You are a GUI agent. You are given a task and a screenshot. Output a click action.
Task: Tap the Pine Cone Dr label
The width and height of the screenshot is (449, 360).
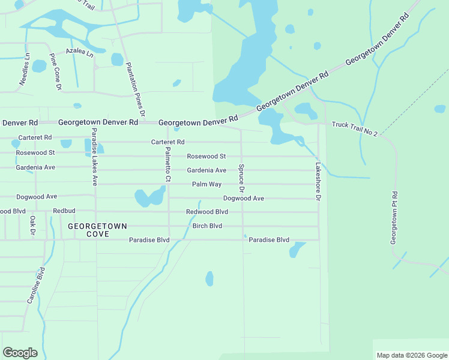[x=55, y=71]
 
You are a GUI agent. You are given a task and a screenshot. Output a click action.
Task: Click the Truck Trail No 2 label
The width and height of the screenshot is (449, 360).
[x=354, y=128]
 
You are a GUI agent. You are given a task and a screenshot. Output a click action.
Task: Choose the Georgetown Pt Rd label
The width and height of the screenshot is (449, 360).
[x=394, y=217]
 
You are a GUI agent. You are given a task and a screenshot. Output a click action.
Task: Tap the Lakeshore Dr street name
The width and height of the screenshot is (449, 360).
[x=319, y=181]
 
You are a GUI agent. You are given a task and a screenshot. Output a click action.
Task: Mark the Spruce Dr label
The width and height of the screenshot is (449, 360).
[x=241, y=178]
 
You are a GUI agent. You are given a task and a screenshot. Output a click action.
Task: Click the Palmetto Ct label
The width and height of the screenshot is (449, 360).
[x=168, y=164]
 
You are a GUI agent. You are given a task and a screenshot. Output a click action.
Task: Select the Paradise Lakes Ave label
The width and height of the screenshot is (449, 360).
[x=94, y=157]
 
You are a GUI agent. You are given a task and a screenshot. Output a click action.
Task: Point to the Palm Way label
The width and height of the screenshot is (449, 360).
[x=206, y=184]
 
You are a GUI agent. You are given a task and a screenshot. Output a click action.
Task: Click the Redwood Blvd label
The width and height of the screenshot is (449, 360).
[x=207, y=212]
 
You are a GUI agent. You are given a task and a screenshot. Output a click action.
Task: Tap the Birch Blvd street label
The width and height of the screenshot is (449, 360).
[x=207, y=226]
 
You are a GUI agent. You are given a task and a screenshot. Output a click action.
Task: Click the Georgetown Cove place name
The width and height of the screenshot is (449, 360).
[x=97, y=230]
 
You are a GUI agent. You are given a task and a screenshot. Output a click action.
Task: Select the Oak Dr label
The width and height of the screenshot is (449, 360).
[x=33, y=226]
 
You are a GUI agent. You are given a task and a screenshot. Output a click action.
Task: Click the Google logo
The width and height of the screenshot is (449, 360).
[x=20, y=353]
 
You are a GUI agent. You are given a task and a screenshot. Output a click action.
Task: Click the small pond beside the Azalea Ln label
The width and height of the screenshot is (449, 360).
[x=117, y=59]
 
